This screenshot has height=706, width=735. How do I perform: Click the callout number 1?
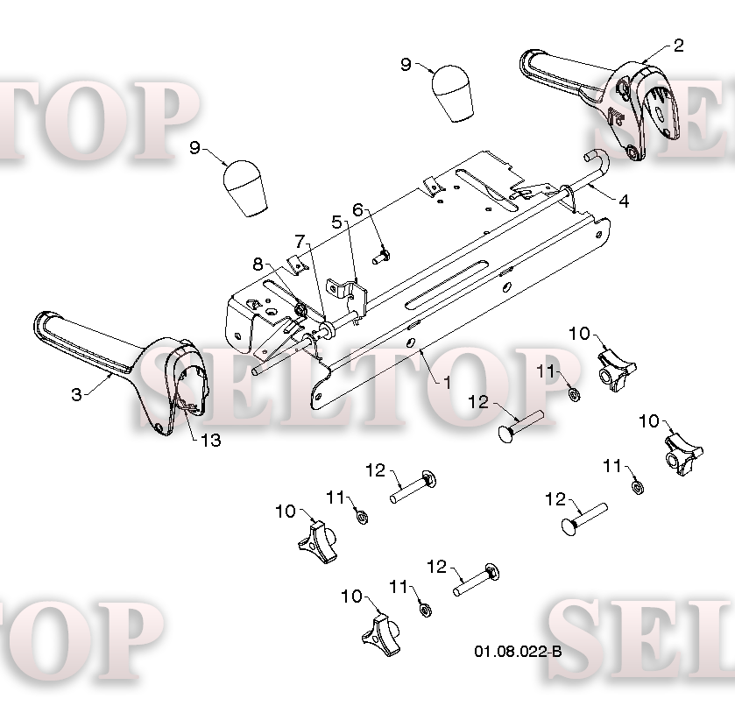(x=447, y=382)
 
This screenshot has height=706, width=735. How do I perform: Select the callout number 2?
(x=678, y=46)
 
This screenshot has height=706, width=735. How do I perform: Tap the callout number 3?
(x=76, y=394)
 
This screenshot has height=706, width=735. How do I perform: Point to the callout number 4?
(x=624, y=201)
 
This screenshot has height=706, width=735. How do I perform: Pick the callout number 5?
(x=336, y=222)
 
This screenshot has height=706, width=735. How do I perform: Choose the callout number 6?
(x=357, y=209)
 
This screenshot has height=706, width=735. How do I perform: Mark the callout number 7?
(x=300, y=242)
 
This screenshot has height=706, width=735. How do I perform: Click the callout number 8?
(x=258, y=264)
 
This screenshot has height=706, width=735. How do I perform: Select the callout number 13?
(x=210, y=441)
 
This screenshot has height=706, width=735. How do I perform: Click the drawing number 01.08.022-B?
(x=518, y=651)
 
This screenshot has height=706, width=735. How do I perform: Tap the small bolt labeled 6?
(x=381, y=257)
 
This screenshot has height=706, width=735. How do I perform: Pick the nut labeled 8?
(x=300, y=309)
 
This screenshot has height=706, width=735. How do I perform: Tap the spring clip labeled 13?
(x=187, y=407)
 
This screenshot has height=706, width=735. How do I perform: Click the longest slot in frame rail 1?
(x=445, y=285)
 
